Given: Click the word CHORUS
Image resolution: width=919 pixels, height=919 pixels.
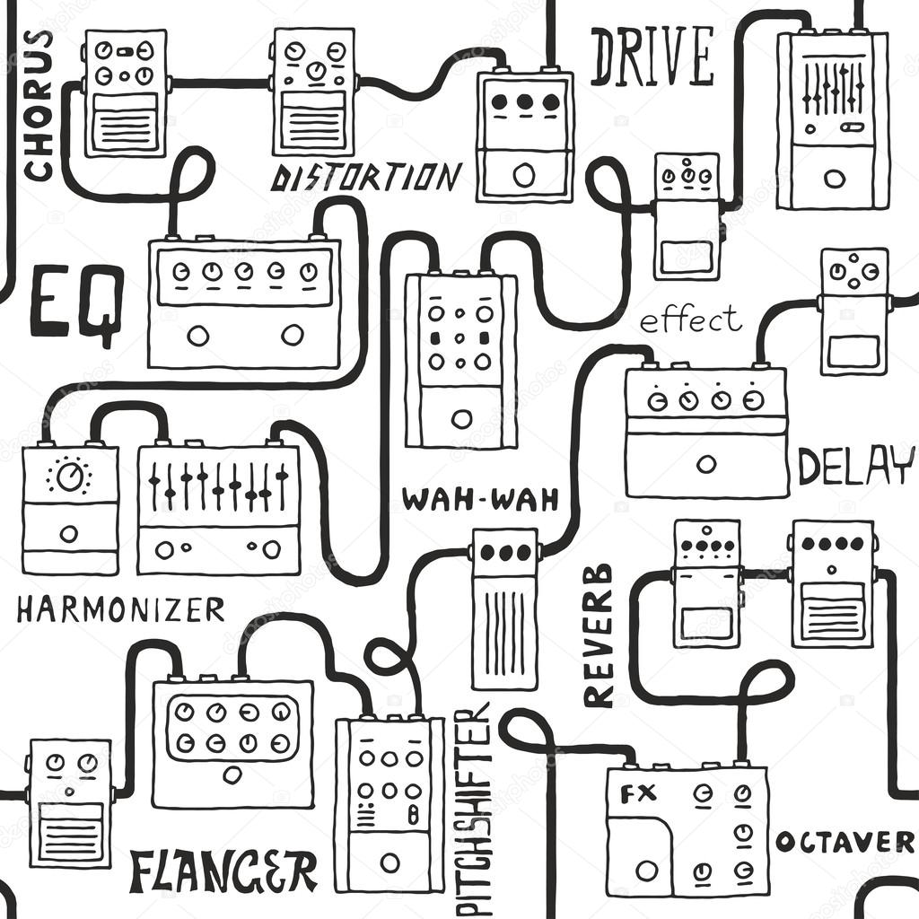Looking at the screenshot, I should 38,105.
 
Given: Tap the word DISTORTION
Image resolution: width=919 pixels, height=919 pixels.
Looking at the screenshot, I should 365,178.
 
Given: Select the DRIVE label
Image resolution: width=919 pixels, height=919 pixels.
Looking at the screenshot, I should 652,56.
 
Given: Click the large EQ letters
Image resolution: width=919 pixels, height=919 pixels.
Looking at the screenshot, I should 76,303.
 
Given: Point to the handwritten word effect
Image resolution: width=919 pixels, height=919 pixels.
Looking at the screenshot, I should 690,319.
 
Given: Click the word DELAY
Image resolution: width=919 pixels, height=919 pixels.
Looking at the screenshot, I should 855,466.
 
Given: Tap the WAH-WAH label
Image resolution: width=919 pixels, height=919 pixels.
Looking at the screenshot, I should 480,499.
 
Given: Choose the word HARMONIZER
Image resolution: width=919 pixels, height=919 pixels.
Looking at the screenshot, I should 120,610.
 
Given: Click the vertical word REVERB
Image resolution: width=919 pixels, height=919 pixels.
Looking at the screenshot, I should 598,635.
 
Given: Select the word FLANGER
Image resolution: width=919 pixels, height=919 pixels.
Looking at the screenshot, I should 223,871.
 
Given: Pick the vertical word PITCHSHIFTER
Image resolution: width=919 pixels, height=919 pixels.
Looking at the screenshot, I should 473,808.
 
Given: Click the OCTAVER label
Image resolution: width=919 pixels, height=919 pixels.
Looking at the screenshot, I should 845,842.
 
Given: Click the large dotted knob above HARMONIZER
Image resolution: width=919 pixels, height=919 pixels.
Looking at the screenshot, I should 69,477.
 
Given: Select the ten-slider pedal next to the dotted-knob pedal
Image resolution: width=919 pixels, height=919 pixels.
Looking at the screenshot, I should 219,509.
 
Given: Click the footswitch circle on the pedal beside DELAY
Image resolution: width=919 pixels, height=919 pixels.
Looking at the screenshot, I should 706,464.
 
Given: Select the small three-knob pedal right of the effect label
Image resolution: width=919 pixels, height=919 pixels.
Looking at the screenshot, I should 853,310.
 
